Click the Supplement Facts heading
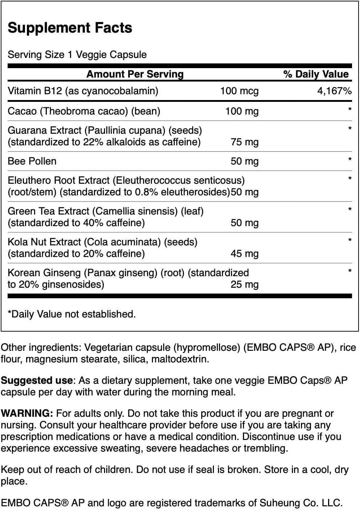[x=70, y=28]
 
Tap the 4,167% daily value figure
[x=334, y=91]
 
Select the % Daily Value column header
[x=316, y=74]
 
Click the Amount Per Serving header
[x=135, y=74]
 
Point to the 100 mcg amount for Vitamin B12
[x=239, y=91]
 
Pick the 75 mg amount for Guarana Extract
[x=244, y=142]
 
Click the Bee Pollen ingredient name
[x=32, y=161]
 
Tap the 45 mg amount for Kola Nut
[x=244, y=253]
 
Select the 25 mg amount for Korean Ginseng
[x=244, y=284]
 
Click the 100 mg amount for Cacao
[x=242, y=111]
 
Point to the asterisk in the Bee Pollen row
[x=349, y=159]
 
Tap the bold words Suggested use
[x=37, y=380]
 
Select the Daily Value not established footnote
[x=72, y=314]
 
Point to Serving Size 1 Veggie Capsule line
[x=77, y=55]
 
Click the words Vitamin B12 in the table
[x=35, y=91]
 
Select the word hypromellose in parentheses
[x=207, y=348]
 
